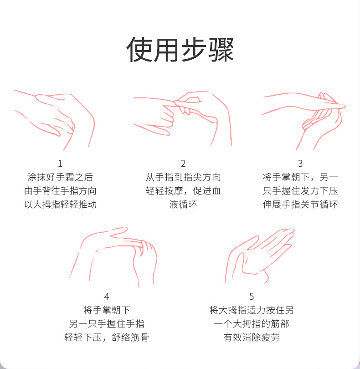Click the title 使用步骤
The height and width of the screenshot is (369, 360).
pyautogui.click(x=180, y=50)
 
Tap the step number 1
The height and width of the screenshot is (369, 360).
pyautogui.click(x=60, y=164)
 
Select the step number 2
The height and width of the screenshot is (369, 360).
pyautogui.click(x=183, y=164)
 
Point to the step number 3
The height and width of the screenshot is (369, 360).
pyautogui.click(x=300, y=164)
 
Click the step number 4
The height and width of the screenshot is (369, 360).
pyautogui.click(x=107, y=296)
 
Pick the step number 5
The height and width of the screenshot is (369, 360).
pyautogui.click(x=252, y=296)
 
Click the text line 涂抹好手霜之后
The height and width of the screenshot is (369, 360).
pyautogui.click(x=60, y=177)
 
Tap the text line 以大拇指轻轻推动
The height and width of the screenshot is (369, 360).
pyautogui.click(x=60, y=204)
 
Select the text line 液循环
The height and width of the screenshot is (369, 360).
pyautogui.click(x=183, y=204)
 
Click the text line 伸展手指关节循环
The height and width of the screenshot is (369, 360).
pyautogui.click(x=300, y=204)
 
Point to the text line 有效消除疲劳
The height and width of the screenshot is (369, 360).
pyautogui.click(x=252, y=337)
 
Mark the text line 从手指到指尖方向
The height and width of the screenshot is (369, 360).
pyautogui.click(x=183, y=177)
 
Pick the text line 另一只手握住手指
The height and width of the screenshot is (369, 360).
pyautogui.click(x=107, y=323)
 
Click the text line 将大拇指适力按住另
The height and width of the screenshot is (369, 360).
pyautogui.click(x=252, y=310)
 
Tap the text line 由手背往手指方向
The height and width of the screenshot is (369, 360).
pyautogui.click(x=60, y=190)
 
